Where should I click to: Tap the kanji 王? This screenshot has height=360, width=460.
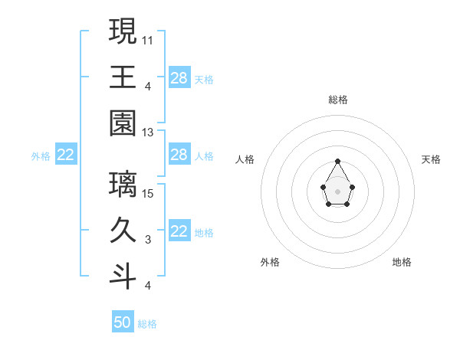[123, 77]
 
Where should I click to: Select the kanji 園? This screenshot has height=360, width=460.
[123, 123]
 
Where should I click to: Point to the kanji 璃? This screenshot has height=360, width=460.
[123, 184]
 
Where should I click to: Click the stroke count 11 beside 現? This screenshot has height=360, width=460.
[148, 39]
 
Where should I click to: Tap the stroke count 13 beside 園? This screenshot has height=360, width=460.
[149, 133]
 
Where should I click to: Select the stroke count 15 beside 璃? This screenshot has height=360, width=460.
[149, 193]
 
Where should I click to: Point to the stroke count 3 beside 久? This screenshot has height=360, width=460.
[148, 240]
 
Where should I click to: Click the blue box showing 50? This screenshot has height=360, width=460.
[123, 322]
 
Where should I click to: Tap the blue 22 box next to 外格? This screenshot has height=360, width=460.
[66, 155]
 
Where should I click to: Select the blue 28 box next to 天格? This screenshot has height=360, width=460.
[179, 77]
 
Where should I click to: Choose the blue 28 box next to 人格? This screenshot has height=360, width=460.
[179, 155]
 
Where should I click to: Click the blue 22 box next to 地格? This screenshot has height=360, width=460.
[179, 231]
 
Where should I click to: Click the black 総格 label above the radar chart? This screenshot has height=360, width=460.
[337, 100]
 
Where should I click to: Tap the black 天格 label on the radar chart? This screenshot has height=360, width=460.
[432, 159]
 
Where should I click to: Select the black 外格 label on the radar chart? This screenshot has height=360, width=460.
[269, 262]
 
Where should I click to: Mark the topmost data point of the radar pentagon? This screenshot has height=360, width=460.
[337, 161]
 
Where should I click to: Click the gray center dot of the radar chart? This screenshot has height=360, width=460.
[337, 191]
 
